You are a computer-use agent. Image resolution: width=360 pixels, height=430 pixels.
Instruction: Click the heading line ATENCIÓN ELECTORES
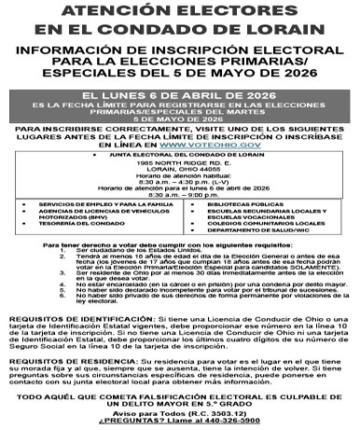179,11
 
